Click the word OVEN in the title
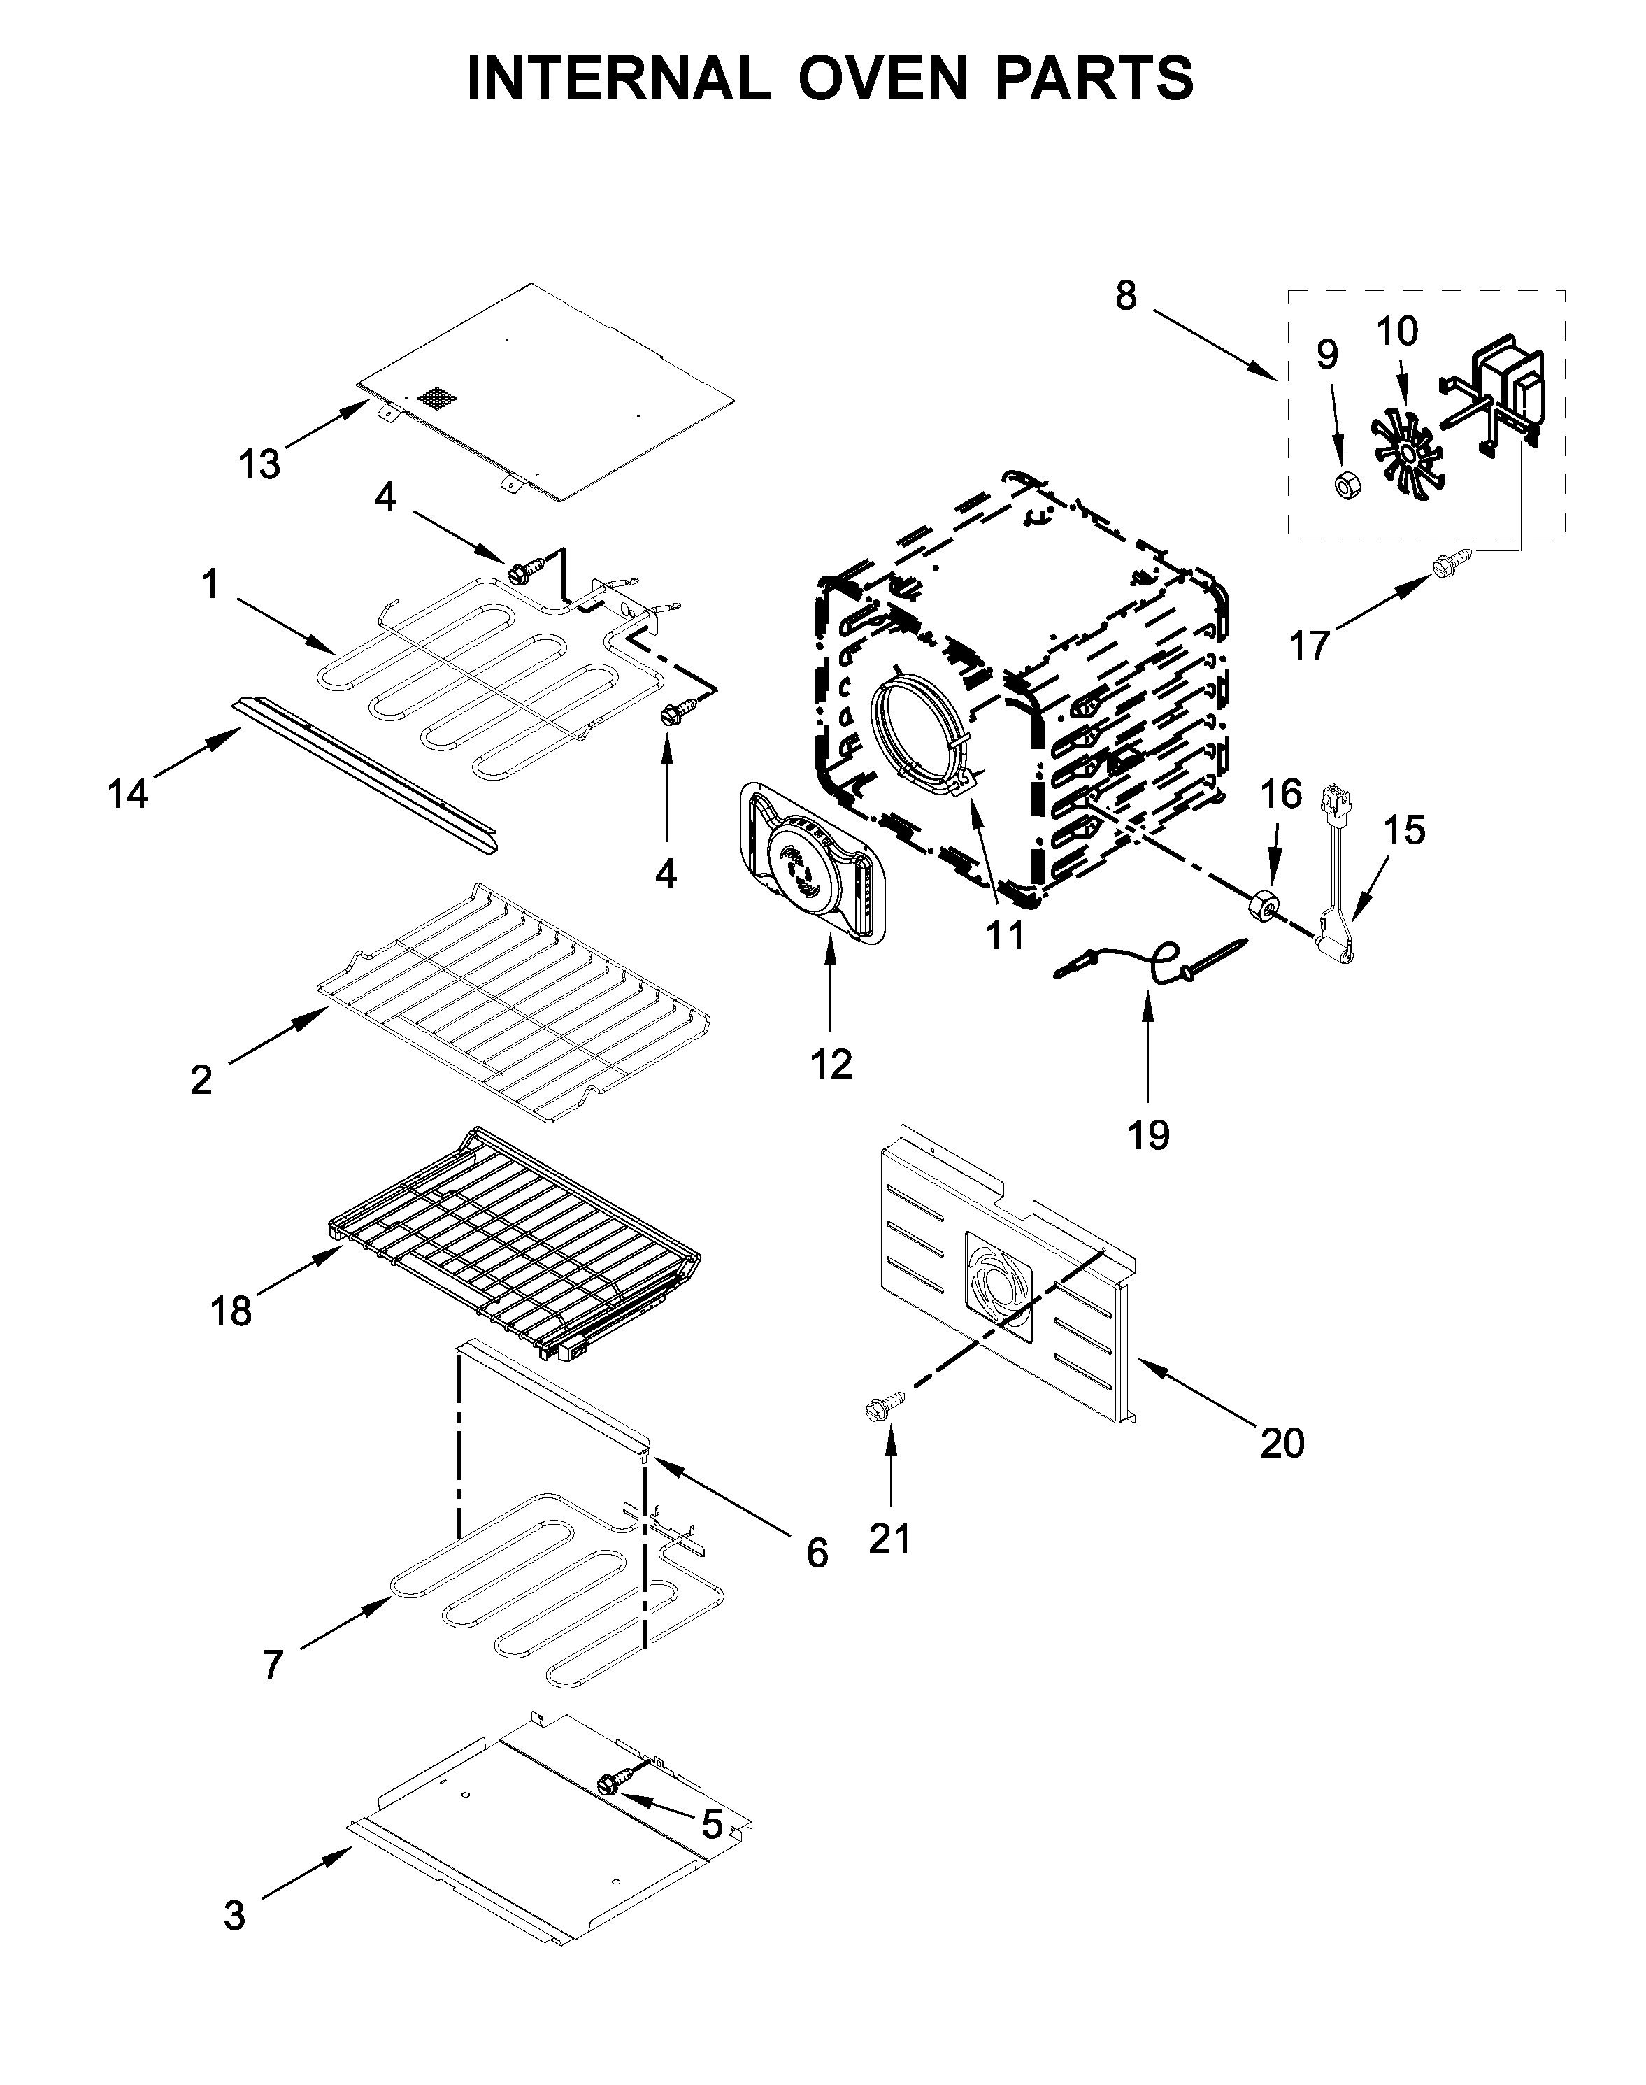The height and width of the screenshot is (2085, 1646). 882,79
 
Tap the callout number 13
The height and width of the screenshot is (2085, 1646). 259,464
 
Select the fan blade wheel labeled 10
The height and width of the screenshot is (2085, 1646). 1410,452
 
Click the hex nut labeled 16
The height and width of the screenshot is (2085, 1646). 1264,906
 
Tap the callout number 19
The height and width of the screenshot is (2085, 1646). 1149,1134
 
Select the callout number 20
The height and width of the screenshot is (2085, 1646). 1282,1470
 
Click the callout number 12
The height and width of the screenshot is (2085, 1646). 831,1063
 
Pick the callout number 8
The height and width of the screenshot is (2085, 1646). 1126,296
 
